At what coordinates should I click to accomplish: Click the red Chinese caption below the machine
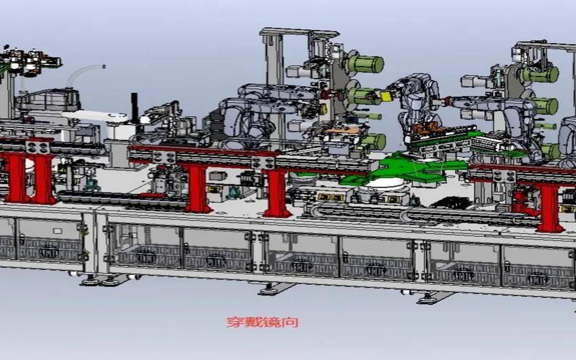pyautogui.click(x=262, y=322)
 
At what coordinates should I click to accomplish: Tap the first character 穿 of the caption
pyautogui.click(x=235, y=322)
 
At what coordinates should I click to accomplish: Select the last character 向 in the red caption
pyautogui.click(x=290, y=322)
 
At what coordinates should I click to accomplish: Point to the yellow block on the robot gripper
pyautogui.click(x=386, y=96)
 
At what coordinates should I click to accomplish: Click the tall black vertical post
pyautogui.click(x=134, y=107)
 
